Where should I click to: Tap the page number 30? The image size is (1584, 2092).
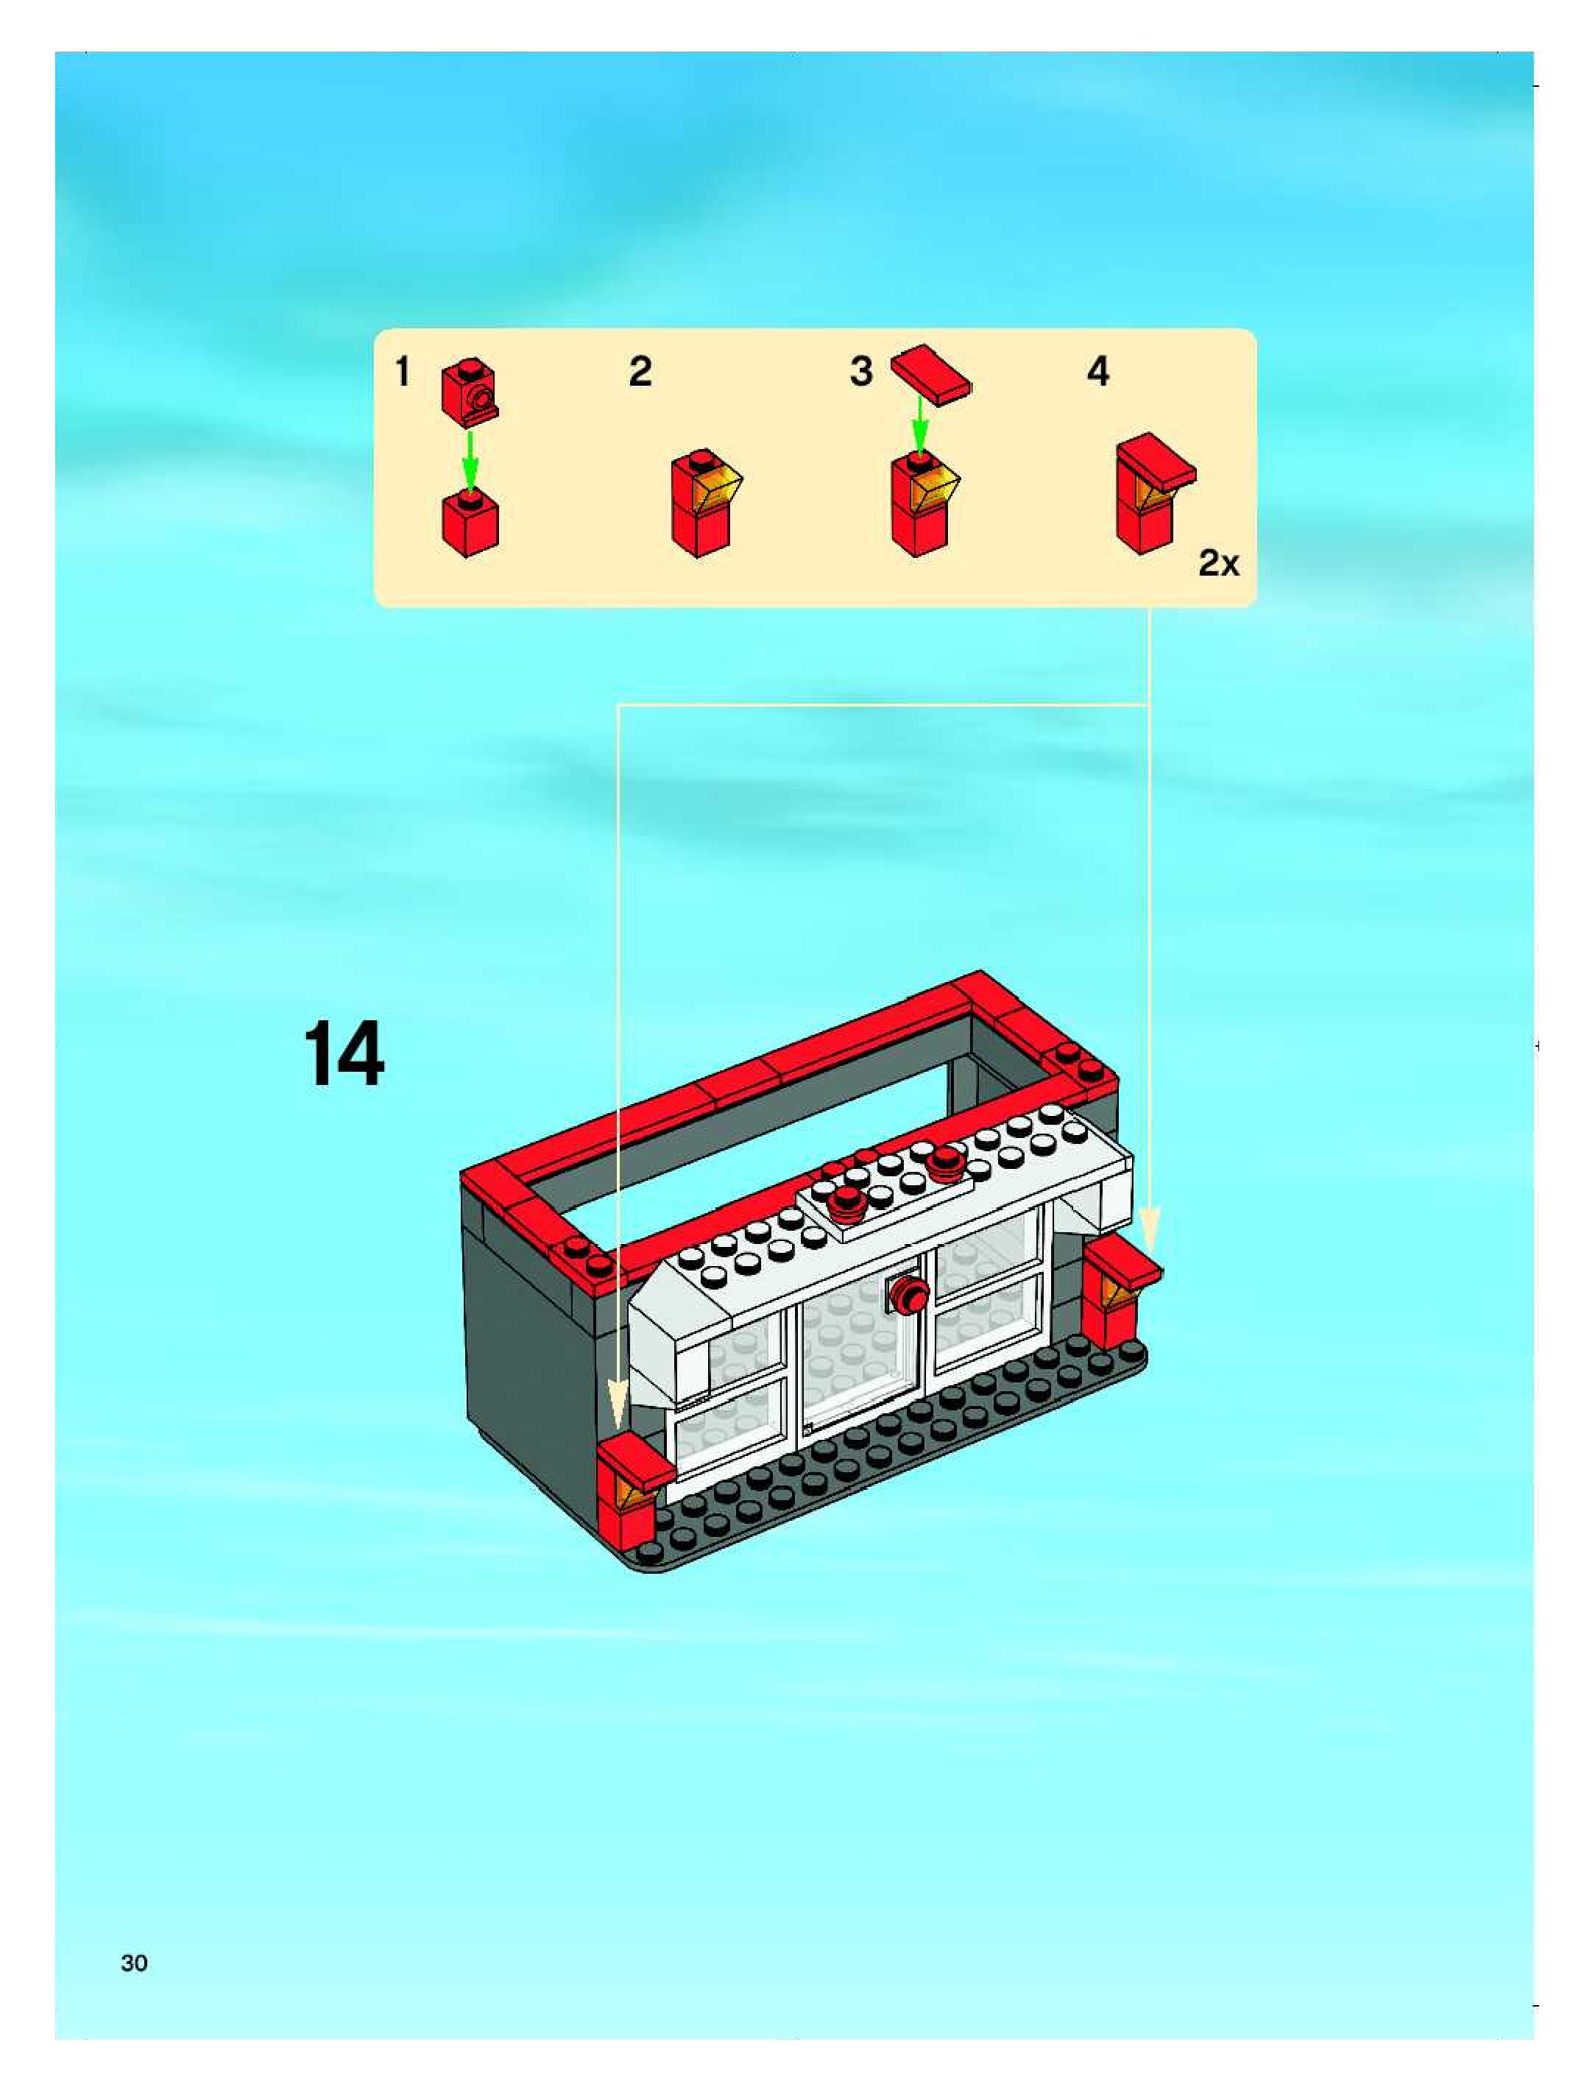pos(134,1963)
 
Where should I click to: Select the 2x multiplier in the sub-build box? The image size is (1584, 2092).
pos(1219,564)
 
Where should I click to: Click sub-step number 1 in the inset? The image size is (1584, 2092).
pos(403,372)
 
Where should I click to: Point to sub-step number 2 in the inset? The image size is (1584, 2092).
pos(640,372)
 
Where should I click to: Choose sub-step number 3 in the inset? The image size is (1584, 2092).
pos(860,372)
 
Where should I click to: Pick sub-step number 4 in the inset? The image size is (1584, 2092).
pos(1098,372)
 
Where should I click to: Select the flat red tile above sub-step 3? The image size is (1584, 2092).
pos(933,375)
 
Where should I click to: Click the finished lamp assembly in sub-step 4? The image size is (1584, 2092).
pos(1155,492)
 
